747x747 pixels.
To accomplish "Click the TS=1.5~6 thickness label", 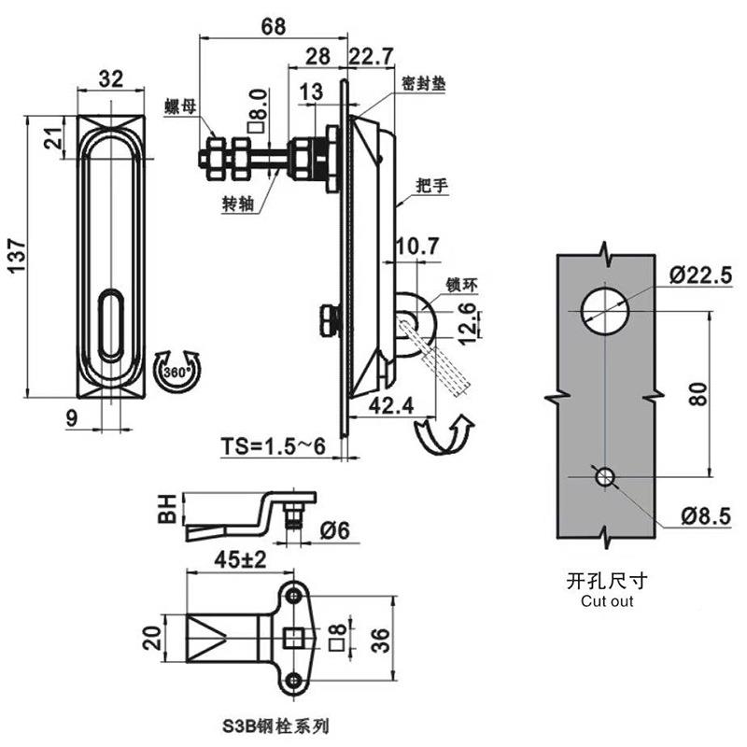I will click(272, 446).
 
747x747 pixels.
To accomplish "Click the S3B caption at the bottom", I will click(275, 725).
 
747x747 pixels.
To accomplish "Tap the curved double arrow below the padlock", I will click(442, 435).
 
